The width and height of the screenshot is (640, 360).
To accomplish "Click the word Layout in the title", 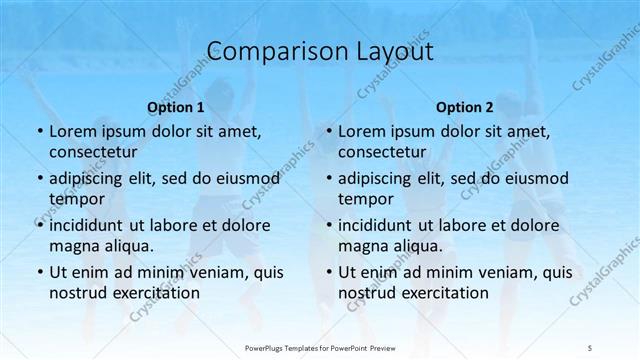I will pos(391,51).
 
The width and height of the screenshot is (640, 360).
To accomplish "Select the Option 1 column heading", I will pos(175,106).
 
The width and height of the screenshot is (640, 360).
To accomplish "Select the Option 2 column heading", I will pos(465,106).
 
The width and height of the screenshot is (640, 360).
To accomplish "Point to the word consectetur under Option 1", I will pos(93,152).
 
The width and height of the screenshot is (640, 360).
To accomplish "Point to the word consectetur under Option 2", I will pos(383,152).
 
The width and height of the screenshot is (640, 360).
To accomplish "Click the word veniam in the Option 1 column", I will pos(207,271).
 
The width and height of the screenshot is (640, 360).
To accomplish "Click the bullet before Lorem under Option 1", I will pos(38,131).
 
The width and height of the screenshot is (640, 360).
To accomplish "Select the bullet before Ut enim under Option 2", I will pos(328,272).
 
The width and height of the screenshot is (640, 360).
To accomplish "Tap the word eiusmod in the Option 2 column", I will pos(536,177).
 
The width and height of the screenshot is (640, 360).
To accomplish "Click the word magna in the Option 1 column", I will pos(75,246).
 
